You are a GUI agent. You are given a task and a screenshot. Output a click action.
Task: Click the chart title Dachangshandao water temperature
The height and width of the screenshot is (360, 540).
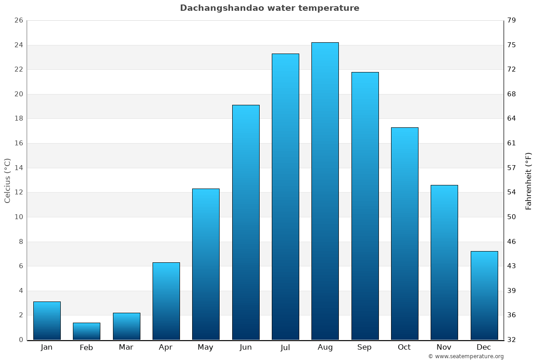tap(270, 8)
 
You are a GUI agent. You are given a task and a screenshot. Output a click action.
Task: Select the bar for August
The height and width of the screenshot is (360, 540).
tap(325, 191)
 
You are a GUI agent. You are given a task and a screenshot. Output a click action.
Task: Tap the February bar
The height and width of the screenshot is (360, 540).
tap(86, 331)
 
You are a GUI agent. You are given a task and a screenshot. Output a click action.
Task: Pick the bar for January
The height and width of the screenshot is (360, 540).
tap(47, 320)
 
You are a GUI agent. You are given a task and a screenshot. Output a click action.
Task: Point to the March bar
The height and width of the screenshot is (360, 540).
tap(126, 326)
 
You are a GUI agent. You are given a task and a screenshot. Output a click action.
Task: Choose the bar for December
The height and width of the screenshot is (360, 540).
tap(484, 295)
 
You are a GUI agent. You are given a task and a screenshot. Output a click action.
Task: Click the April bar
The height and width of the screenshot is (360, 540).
tap(166, 301)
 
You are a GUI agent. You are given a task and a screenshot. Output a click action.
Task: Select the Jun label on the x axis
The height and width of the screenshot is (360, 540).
tap(246, 347)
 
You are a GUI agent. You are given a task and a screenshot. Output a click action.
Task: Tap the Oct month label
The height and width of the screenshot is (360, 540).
tap(404, 347)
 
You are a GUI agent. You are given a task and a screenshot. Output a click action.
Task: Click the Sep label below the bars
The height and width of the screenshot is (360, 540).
tap(364, 347)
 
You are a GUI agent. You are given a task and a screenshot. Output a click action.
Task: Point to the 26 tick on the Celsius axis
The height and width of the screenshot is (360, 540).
tap(18, 21)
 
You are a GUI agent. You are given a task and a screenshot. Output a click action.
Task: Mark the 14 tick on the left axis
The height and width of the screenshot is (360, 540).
tap(18, 168)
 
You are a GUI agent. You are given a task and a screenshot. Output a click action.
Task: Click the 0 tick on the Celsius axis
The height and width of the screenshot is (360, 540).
tap(21, 340)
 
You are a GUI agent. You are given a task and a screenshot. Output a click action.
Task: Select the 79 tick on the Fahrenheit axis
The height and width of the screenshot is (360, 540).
tap(512, 21)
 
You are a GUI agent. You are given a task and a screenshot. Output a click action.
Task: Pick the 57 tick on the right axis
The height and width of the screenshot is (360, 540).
tap(512, 168)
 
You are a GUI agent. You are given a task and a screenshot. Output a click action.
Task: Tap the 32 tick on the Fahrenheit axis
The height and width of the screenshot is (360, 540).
tap(512, 340)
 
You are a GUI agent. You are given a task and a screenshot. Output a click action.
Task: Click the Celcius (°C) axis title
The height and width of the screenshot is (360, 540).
tap(7, 180)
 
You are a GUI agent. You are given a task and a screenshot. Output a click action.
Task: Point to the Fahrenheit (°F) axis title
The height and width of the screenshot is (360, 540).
tap(528, 180)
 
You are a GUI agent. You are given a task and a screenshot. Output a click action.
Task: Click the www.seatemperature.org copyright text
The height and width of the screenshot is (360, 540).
tap(466, 356)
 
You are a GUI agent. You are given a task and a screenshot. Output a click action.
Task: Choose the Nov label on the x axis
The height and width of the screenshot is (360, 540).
tap(444, 347)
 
